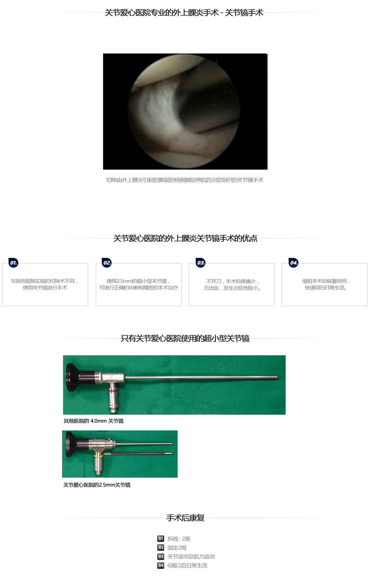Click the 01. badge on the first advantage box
[x=13, y=263]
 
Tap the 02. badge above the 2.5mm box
[x=107, y=263]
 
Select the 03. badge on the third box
[x=201, y=263]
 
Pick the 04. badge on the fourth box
[x=294, y=263]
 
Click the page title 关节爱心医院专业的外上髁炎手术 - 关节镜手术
[x=184, y=13]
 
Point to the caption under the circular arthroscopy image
[x=185, y=180]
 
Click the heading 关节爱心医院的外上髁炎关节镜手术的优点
[x=185, y=239]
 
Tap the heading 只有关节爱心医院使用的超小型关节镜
[x=185, y=339]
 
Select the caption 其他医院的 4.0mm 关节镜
[x=94, y=421]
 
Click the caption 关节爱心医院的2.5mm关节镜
[x=97, y=485]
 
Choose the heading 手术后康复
[x=185, y=518]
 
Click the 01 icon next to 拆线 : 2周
[x=161, y=539]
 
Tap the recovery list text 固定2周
[x=177, y=548]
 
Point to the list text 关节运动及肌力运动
[x=191, y=557]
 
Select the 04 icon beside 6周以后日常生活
[x=161, y=566]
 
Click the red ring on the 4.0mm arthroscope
[x=113, y=391]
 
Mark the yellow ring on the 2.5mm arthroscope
[x=98, y=456]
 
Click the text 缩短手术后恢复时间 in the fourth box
[x=324, y=281]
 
